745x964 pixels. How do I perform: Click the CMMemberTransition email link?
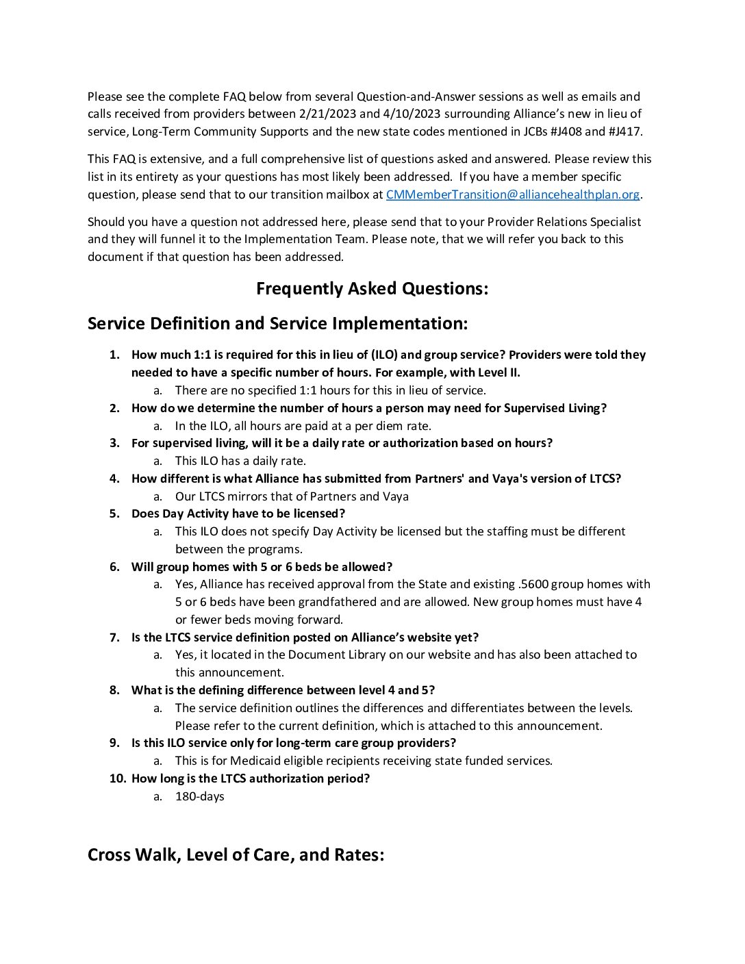click(512, 194)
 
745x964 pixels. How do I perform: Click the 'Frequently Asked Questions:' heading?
click(372, 288)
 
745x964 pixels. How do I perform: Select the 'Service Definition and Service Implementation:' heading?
click(277, 323)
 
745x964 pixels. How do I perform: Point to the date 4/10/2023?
click(405, 114)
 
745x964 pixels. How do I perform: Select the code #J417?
click(624, 131)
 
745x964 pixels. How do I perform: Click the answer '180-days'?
click(199, 796)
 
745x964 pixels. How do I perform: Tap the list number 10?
click(116, 778)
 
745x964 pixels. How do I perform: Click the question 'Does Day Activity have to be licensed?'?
click(238, 513)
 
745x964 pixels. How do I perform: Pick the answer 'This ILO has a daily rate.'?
click(240, 461)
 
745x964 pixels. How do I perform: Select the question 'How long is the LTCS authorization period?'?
click(251, 778)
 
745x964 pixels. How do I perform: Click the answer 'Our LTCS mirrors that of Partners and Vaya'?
click(292, 496)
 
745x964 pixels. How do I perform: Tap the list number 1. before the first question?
click(115, 355)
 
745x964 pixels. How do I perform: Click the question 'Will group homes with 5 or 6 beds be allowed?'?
click(262, 567)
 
